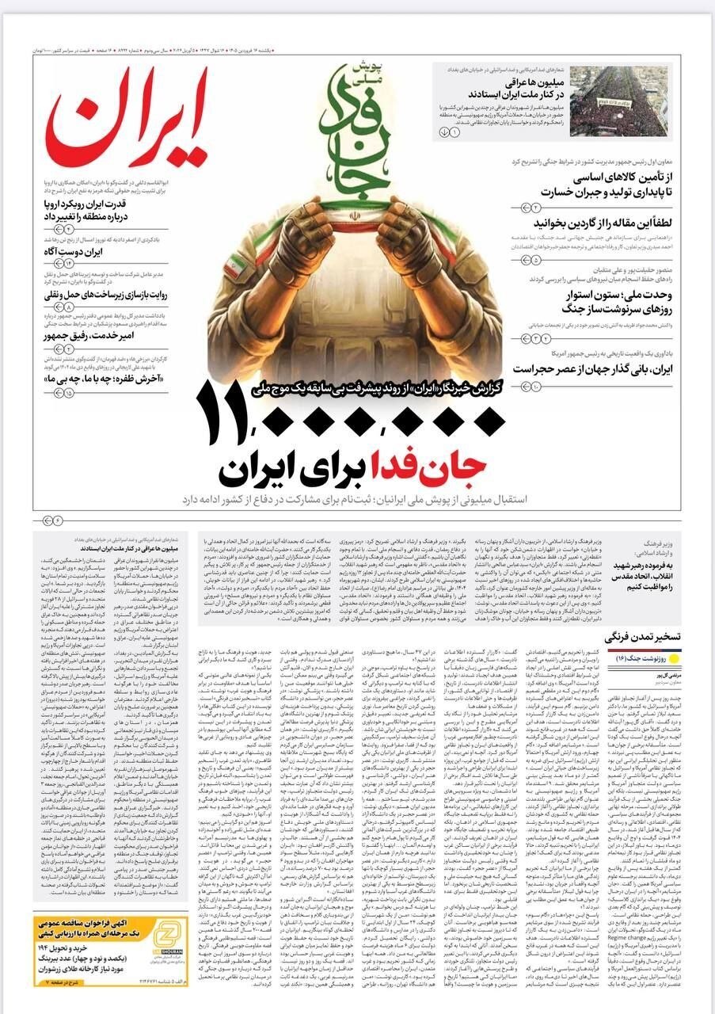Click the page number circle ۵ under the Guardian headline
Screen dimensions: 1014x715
click(x=535, y=259)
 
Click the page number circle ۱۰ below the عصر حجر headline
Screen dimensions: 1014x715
click(x=535, y=386)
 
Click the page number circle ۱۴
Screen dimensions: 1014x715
click(x=68, y=263)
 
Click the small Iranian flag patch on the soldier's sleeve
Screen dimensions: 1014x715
click(x=232, y=266)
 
